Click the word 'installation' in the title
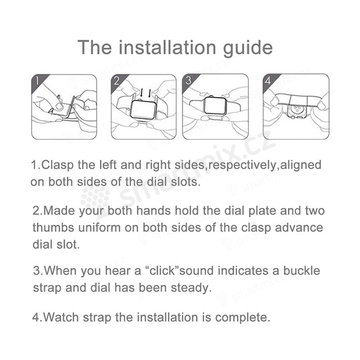pos(167,47)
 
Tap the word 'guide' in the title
pos(248,49)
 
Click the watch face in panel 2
pos(143,110)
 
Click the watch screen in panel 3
pos(215,105)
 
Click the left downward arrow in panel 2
pos(141,93)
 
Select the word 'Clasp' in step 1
pos(58,165)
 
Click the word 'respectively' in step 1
pos(242,166)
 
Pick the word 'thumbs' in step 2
pos(54,228)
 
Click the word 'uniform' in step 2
pos(99,228)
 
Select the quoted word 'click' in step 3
pos(162,270)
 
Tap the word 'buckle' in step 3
pos(301,270)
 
